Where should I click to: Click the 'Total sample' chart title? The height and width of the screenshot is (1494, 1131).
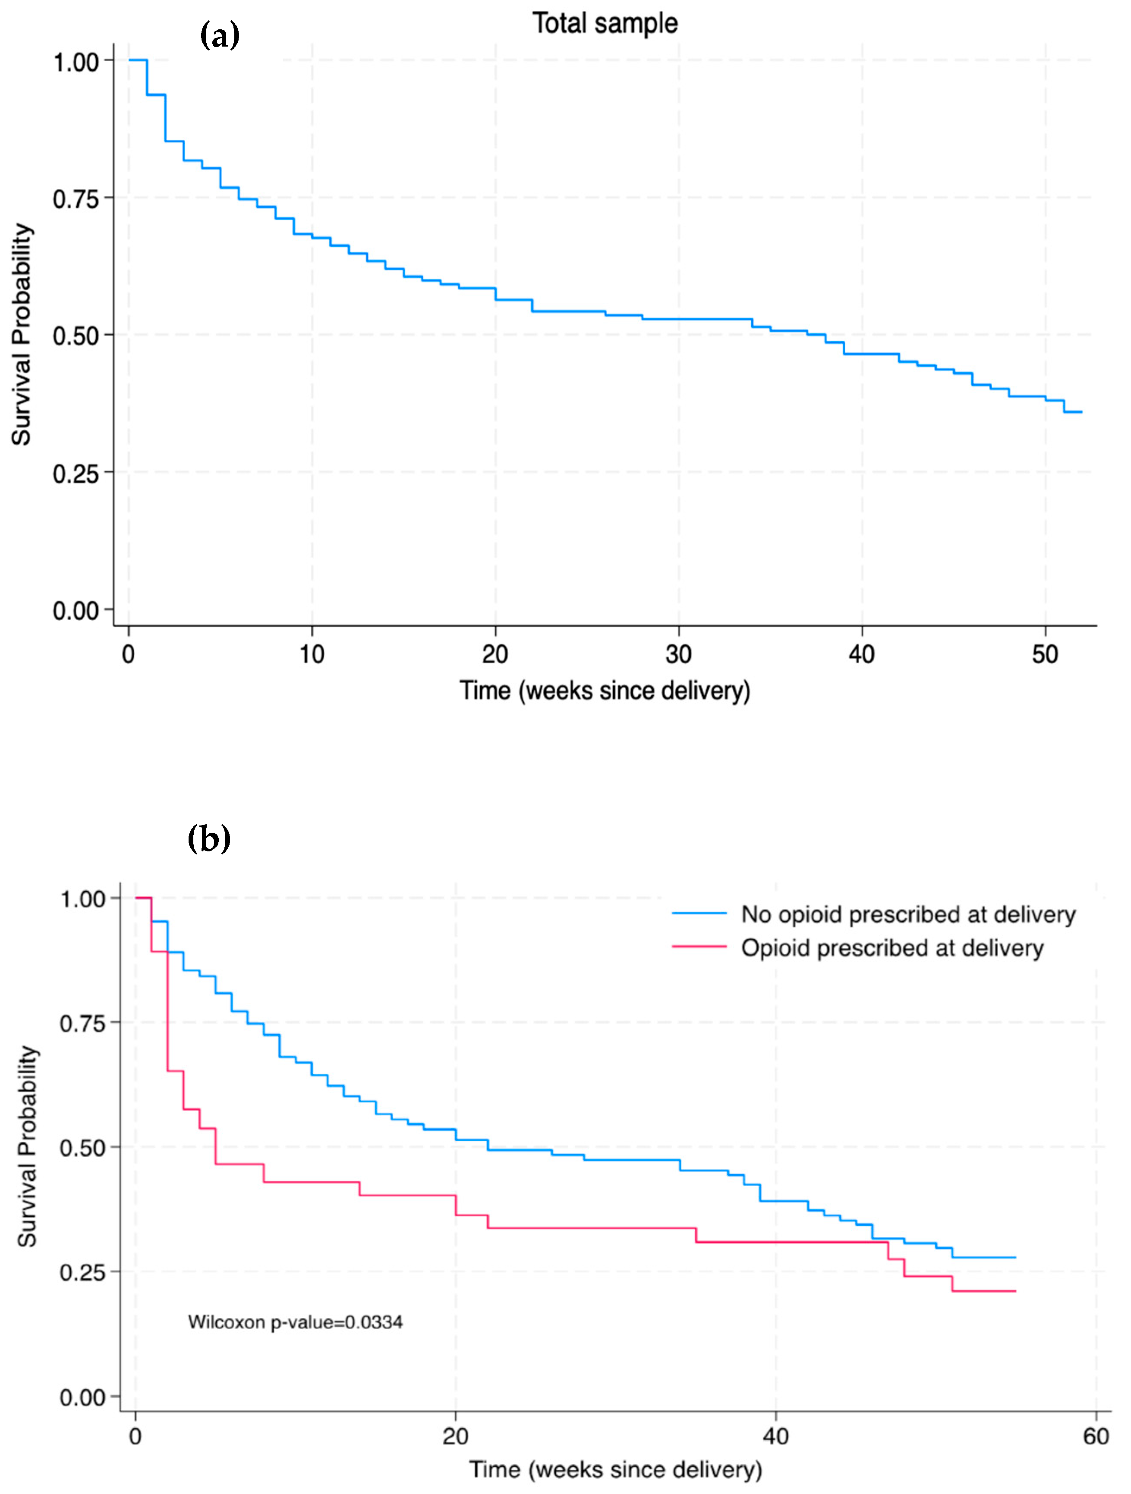coord(605,24)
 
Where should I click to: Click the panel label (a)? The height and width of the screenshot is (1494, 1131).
coord(220,35)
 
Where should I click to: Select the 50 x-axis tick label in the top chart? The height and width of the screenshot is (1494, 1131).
coord(1045,654)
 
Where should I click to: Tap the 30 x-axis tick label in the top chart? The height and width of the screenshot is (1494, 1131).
coord(678,654)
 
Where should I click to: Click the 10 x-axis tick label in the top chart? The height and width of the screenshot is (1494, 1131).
coord(312,654)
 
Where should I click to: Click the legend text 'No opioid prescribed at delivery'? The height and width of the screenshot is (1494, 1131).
coord(908,914)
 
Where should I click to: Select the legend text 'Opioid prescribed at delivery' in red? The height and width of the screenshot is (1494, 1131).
coord(892,948)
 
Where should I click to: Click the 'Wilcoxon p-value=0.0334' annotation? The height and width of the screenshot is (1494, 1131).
coord(295,1322)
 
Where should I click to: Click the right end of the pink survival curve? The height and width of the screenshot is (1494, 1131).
coord(1015,1292)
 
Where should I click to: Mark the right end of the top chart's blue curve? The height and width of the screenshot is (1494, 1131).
coord(1081,412)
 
